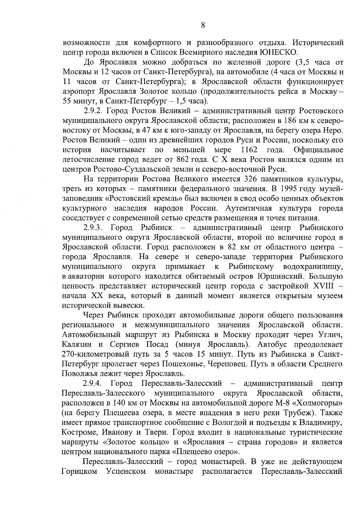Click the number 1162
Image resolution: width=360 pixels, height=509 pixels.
pyautogui.click(x=249, y=150)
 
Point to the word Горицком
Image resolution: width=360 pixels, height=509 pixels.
pyautogui.click(x=79, y=471)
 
